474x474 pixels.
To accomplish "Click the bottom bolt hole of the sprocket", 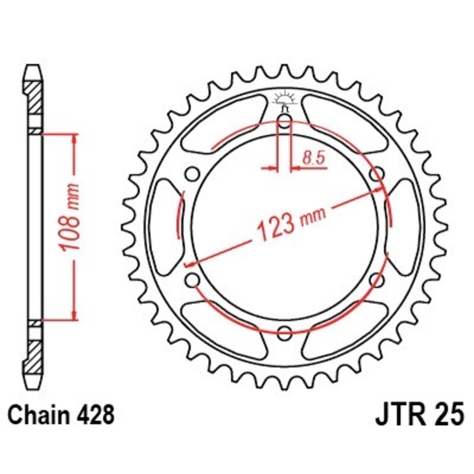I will click(284, 331).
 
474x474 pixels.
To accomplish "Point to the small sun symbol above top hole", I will click(284, 98).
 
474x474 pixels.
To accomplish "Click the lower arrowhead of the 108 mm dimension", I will click(75, 315).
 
